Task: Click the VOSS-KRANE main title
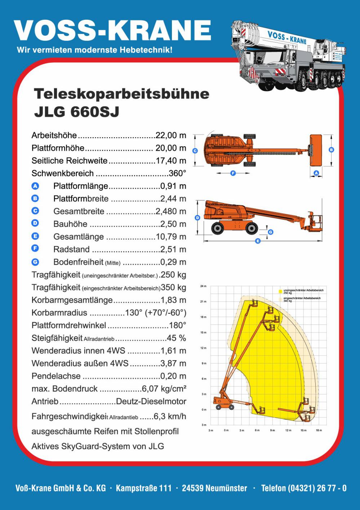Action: click(112, 30)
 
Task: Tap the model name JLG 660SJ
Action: click(76, 112)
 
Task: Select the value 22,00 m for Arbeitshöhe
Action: click(171, 135)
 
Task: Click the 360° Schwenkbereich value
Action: click(177, 173)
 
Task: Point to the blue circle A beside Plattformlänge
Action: click(35, 186)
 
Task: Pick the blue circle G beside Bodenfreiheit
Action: click(35, 262)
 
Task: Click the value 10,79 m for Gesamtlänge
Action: click(171, 237)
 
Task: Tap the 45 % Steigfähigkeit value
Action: click(176, 338)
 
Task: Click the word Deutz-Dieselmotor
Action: click(151, 401)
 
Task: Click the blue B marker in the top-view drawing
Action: click(332, 149)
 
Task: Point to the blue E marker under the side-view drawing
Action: click(258, 241)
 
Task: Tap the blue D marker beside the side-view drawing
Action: click(197, 218)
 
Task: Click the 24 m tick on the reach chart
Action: click(203, 286)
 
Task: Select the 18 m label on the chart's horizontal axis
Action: click(319, 430)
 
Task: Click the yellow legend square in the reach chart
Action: click(280, 291)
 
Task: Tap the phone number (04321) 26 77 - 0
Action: click(304, 488)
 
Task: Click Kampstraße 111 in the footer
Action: click(144, 488)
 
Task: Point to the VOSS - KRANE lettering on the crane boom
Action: click(287, 37)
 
